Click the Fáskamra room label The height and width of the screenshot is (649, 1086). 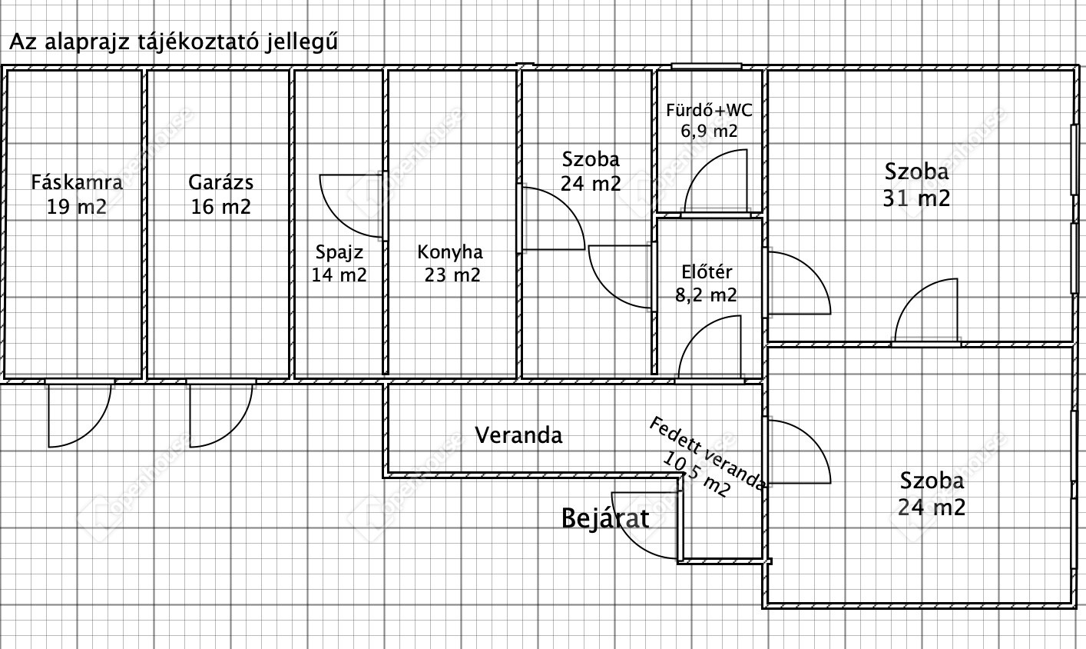point(76,183)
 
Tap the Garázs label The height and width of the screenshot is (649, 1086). point(220,183)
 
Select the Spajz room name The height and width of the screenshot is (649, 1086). point(339,252)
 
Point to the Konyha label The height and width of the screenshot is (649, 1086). point(450,252)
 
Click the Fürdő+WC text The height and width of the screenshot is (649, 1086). point(709,110)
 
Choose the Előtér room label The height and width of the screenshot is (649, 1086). point(707,272)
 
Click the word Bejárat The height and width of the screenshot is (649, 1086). point(605,518)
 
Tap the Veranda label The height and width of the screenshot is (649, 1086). point(518,435)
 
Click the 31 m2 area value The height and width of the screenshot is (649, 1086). point(917,199)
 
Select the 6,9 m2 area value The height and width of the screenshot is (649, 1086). point(709,131)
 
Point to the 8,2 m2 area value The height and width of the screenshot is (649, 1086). point(706,295)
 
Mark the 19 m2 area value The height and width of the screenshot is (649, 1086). point(76,207)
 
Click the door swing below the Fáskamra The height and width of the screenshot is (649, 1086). point(78,415)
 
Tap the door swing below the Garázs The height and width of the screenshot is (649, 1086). point(220,415)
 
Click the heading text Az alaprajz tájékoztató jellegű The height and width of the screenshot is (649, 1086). point(173,42)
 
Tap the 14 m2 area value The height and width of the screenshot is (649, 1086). point(339,275)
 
